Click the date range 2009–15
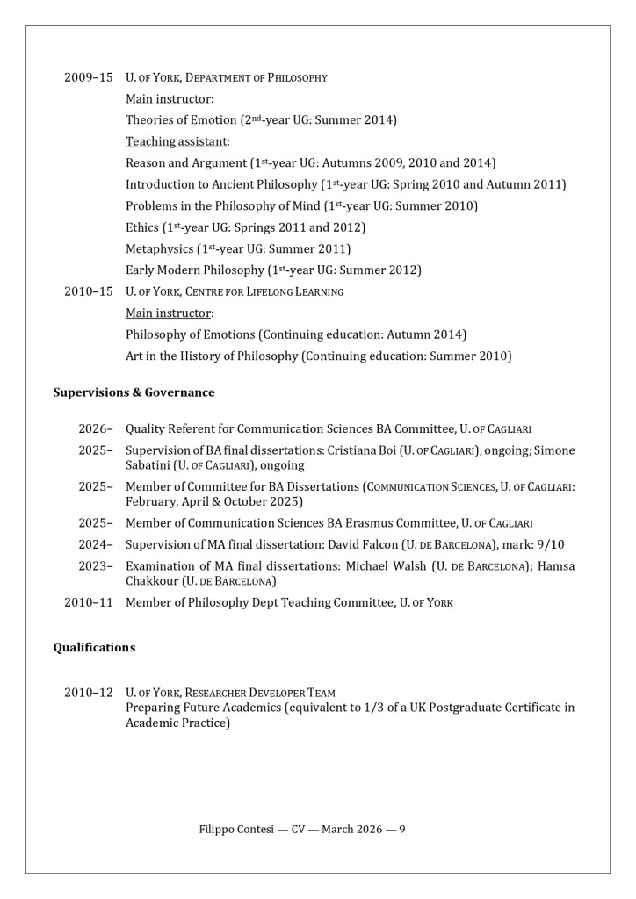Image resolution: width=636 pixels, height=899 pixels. point(88,77)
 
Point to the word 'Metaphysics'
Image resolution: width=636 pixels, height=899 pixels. point(159,248)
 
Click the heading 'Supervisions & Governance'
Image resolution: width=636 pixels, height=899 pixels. point(134,392)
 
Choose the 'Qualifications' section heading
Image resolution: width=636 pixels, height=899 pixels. point(94,648)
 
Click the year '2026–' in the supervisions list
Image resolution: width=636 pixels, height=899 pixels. point(96,429)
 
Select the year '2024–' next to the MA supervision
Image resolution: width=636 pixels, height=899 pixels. point(96,544)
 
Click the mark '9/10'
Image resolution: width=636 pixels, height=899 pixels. point(550,544)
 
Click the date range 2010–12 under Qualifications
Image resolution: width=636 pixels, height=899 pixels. point(88,693)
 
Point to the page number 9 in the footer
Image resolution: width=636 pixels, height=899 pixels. point(401,829)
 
